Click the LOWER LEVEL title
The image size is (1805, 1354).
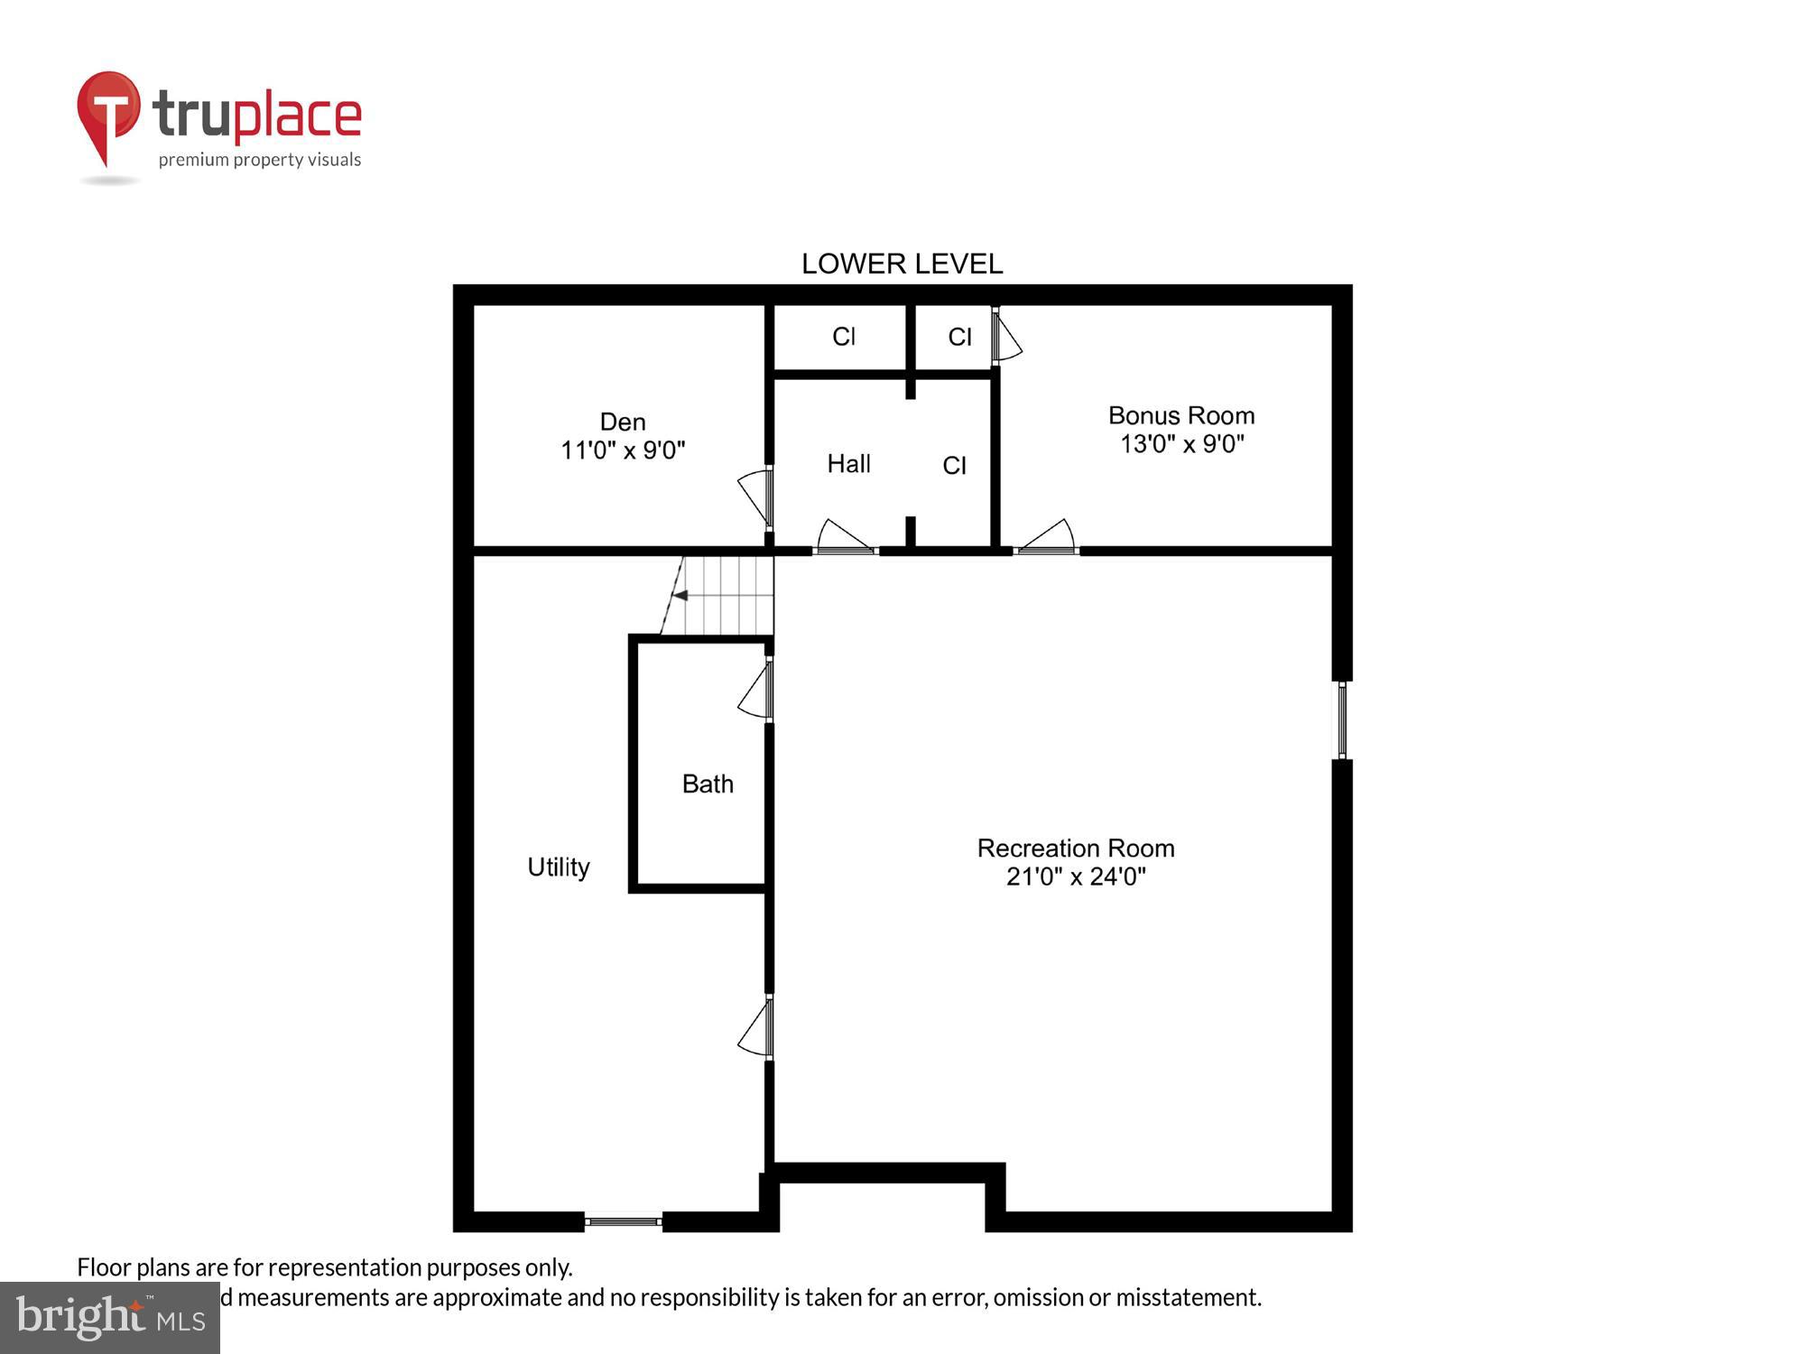[902, 264]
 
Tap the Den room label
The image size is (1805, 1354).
[623, 422]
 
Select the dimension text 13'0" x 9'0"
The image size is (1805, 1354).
[1181, 444]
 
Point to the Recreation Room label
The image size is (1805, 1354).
[1076, 849]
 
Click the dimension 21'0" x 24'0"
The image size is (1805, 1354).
[1076, 876]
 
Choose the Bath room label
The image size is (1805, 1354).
[708, 784]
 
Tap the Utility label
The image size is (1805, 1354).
[558, 867]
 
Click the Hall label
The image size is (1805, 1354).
[848, 464]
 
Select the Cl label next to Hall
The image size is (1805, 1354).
[954, 466]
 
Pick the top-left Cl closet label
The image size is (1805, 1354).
[843, 337]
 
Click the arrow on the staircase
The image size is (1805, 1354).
[680, 596]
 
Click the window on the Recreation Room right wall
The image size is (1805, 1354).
[1342, 720]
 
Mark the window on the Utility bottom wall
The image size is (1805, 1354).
[623, 1221]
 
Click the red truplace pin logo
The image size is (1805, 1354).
[108, 113]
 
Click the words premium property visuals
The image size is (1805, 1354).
[260, 160]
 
